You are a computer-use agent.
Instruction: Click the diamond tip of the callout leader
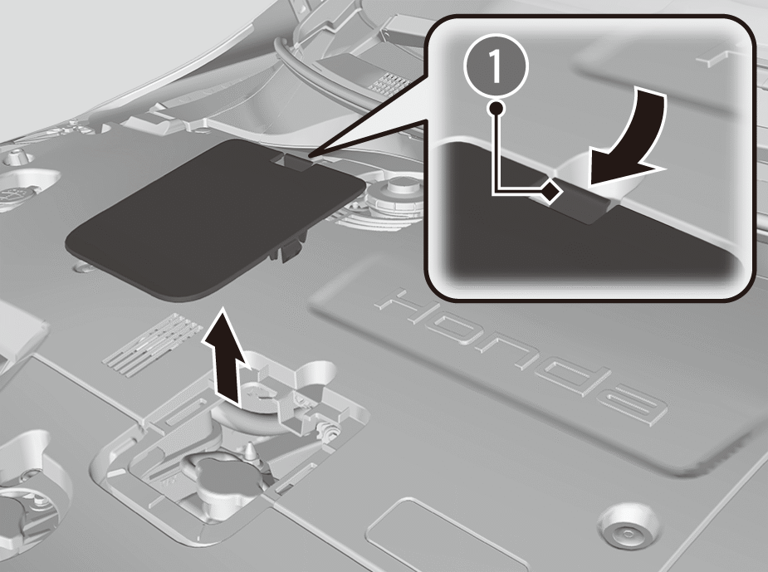tap(551, 190)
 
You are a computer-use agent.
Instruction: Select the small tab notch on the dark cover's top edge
tap(293, 161)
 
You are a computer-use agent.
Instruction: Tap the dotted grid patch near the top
tap(389, 82)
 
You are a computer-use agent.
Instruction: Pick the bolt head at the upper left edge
tap(15, 157)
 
